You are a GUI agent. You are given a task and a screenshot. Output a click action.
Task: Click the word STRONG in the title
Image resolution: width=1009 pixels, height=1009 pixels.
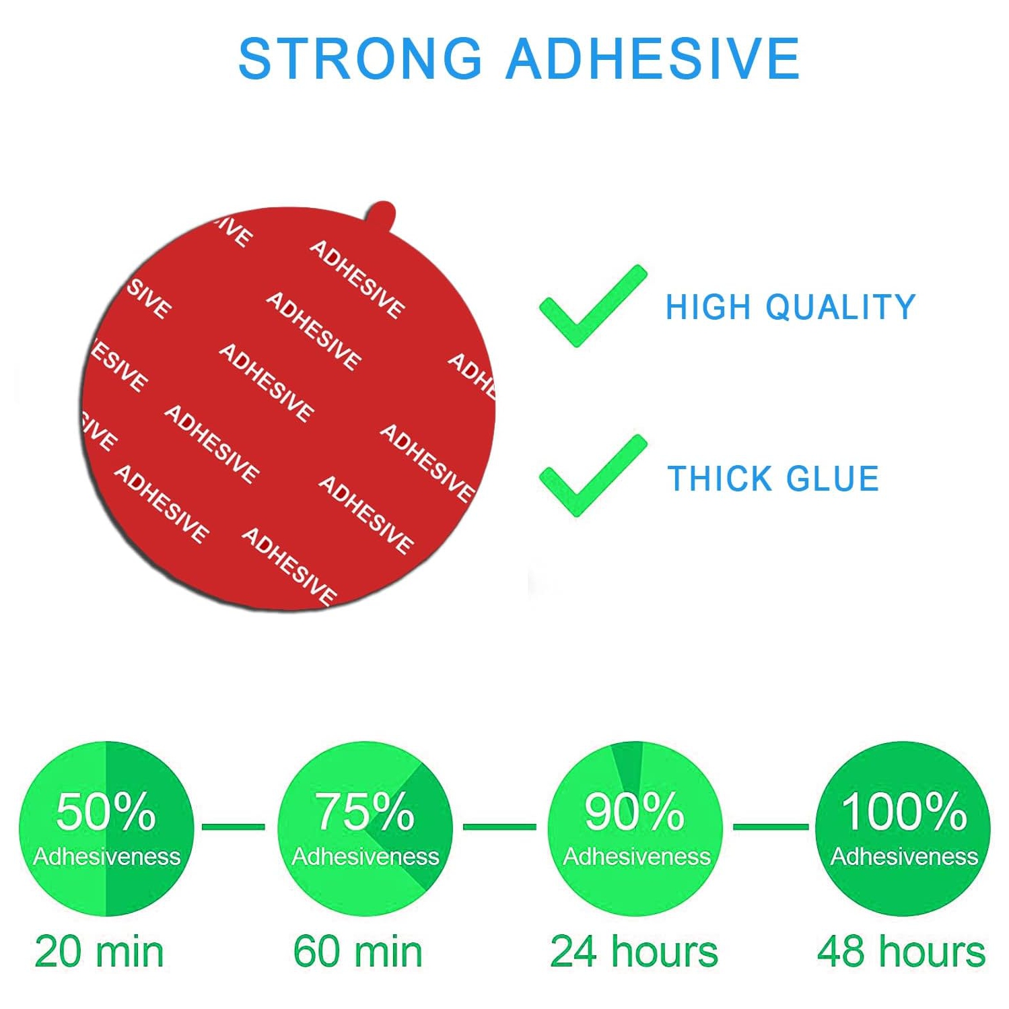pos(360,59)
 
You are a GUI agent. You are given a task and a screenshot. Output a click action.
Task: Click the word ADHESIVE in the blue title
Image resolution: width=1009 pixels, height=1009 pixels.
pos(653,59)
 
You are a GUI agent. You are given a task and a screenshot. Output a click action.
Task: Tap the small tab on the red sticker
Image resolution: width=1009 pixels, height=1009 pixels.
pos(382,215)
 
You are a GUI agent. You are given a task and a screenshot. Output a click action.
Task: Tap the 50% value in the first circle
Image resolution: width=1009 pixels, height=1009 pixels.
pos(106,811)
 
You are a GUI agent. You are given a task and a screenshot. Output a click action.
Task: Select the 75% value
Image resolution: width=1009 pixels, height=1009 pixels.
pos(365,811)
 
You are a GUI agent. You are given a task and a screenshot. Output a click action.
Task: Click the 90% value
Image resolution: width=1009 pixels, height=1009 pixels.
pos(634,811)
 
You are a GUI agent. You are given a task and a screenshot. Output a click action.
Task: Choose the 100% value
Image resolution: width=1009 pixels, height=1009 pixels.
pos(903,811)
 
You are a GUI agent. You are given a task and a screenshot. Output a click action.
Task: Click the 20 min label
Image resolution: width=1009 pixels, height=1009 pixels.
pos(99,952)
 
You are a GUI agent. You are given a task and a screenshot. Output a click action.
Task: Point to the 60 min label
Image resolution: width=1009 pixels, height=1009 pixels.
pos(357,952)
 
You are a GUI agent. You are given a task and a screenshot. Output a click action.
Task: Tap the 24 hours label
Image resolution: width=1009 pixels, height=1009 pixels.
pos(634,952)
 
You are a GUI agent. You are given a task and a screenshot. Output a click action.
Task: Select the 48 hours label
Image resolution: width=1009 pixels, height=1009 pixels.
pos(901,952)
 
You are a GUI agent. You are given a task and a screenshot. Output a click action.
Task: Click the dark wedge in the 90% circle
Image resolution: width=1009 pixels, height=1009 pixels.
pos(629,764)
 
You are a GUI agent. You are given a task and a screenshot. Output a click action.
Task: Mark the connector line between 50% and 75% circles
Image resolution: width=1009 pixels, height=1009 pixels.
pos(233,827)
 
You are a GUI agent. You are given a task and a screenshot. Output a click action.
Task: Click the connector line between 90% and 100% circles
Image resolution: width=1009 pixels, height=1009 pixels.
pos(770,827)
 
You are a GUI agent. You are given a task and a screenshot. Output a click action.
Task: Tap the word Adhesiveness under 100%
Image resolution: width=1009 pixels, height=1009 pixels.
pos(903,856)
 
